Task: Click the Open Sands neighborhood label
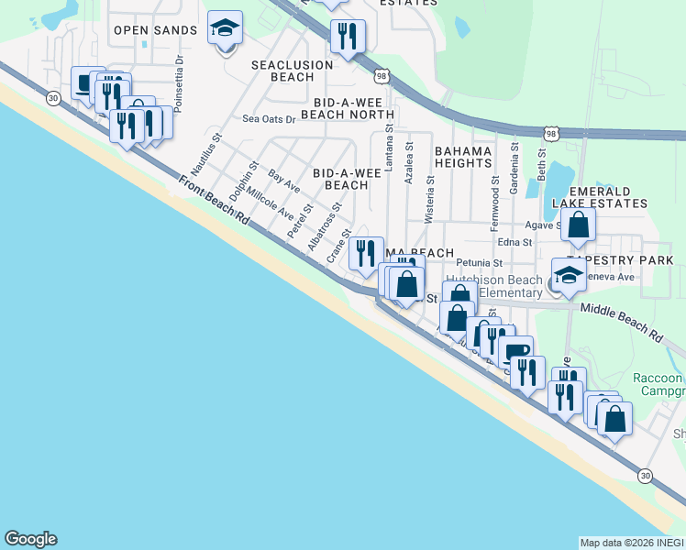coord(155,30)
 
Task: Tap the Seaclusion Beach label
coord(282,71)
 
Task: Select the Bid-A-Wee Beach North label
coord(352,108)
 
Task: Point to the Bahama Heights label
coord(463,156)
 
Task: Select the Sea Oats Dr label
coord(269,119)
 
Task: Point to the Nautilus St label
coord(207,156)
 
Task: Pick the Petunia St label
coord(481,263)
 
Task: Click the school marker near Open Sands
coord(225,29)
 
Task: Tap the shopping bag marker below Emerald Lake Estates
coord(579,225)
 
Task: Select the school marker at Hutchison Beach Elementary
coord(569,274)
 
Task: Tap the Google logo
coord(30,539)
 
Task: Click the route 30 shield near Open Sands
coord(54,97)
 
